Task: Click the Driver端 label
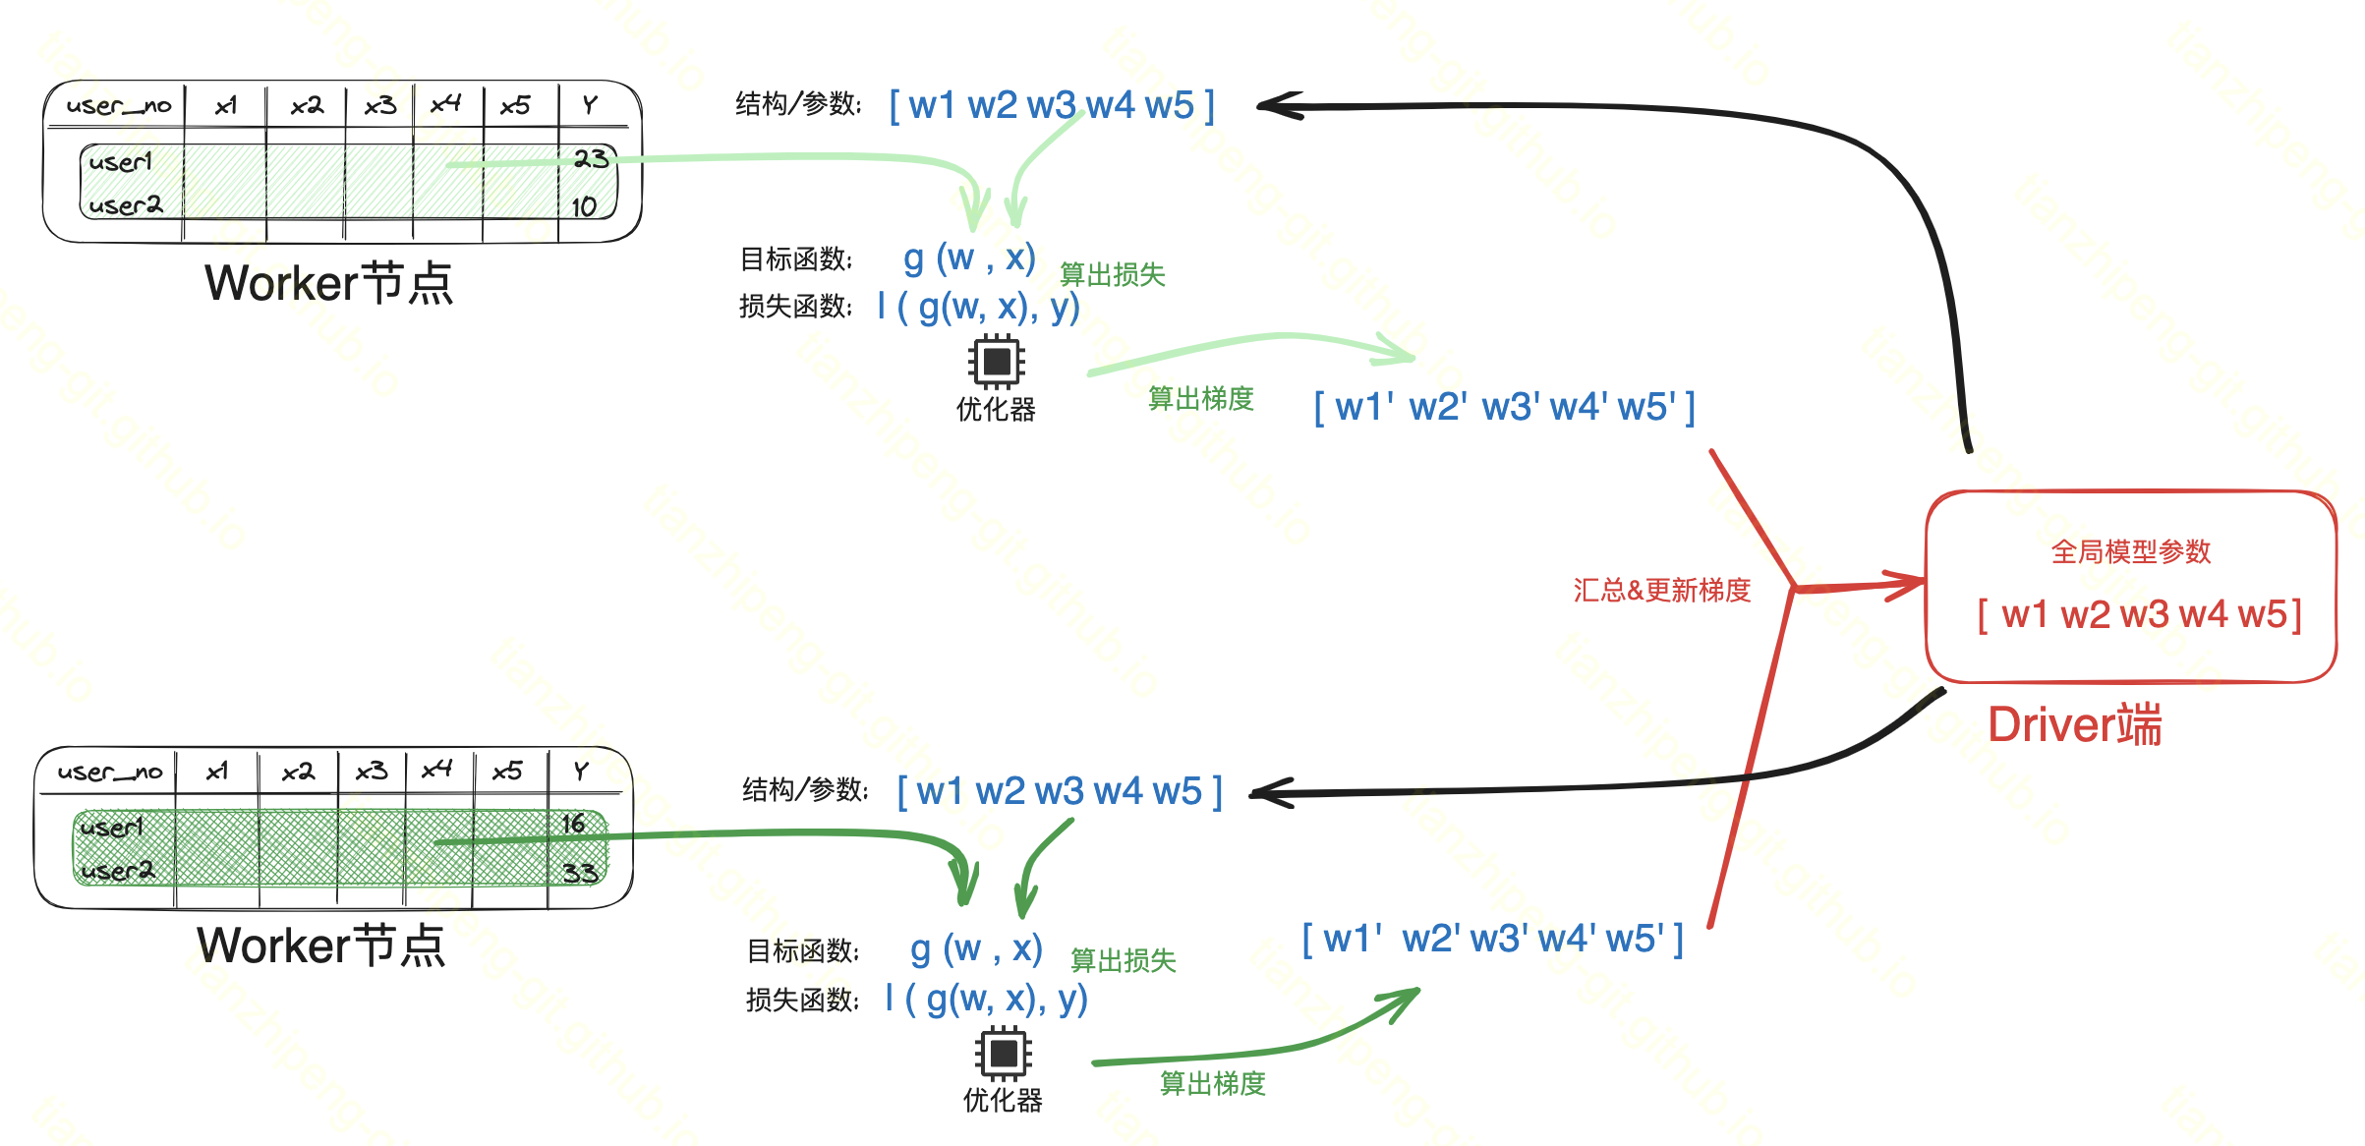(2074, 725)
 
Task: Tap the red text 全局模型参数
(2130, 551)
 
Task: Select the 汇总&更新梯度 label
(1661, 590)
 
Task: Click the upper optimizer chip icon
(996, 361)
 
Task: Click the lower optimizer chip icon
(1003, 1053)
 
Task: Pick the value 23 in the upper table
(591, 159)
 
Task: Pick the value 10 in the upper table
(584, 206)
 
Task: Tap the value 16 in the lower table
(574, 824)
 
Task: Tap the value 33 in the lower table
(580, 873)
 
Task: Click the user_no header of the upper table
(118, 105)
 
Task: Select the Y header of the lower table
(581, 771)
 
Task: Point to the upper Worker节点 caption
(328, 283)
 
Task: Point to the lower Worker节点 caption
(320, 945)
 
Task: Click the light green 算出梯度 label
(1200, 398)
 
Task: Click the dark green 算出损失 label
(1123, 960)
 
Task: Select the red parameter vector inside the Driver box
(2139, 615)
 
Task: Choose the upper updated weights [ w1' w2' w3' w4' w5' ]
(1504, 407)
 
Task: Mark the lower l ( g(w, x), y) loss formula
(986, 999)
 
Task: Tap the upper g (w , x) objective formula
(969, 258)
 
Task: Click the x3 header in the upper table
(379, 105)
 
